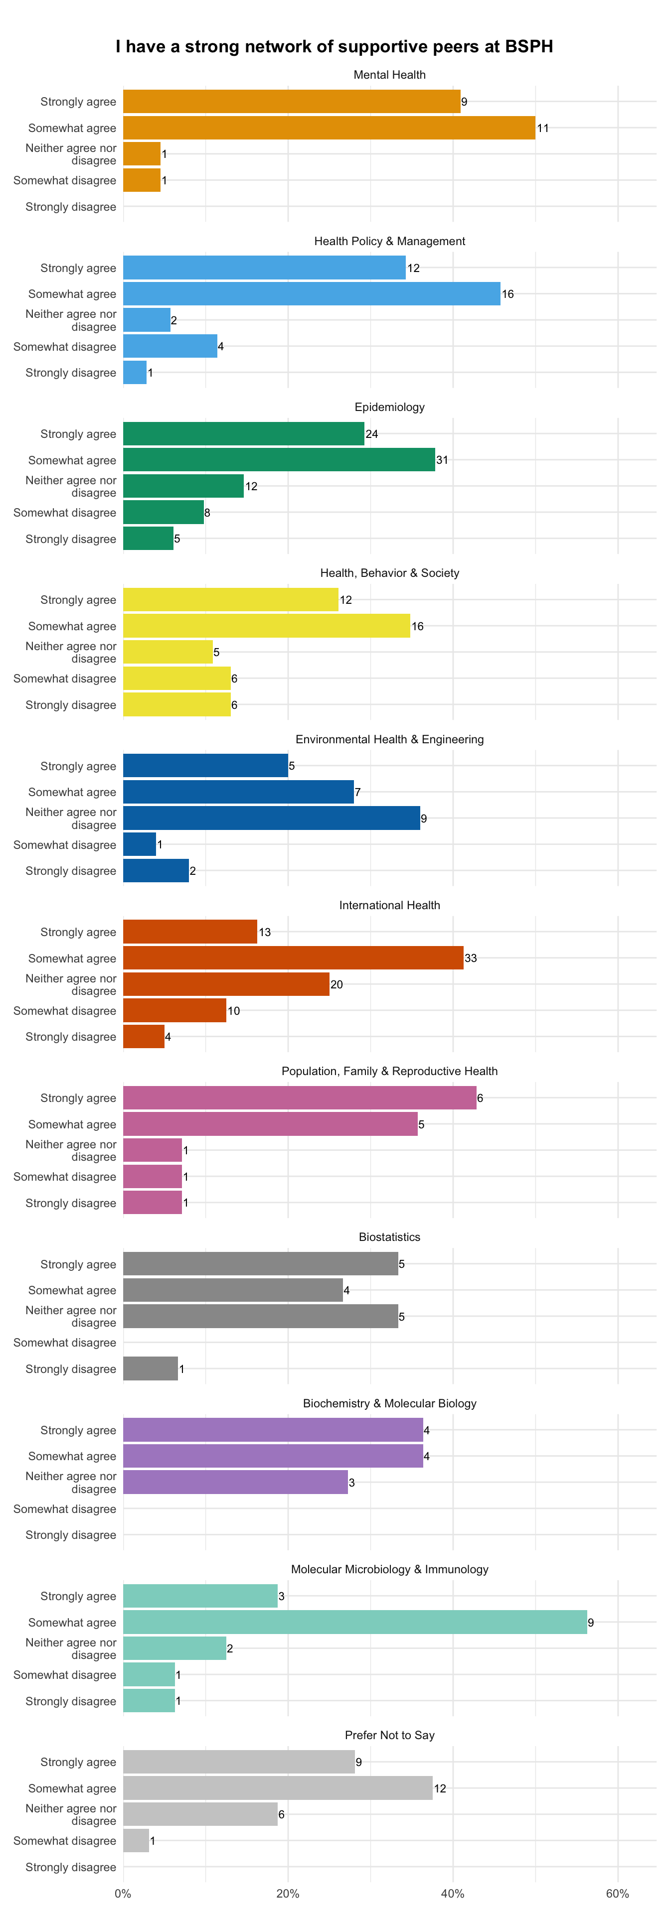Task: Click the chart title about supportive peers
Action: (x=335, y=47)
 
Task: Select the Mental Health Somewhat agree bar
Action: (x=329, y=128)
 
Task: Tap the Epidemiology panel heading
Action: (x=389, y=407)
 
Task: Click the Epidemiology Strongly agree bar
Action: (x=244, y=434)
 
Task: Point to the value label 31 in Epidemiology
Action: (x=442, y=460)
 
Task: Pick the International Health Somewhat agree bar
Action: (x=294, y=958)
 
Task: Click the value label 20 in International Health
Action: (x=336, y=985)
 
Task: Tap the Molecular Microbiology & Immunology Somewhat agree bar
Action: (x=355, y=1622)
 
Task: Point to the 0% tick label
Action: (x=123, y=1893)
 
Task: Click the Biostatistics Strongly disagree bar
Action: (x=151, y=1368)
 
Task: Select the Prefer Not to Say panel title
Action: (x=389, y=1735)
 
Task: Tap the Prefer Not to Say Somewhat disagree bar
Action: (x=136, y=1840)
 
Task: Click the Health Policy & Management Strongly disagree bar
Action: (x=135, y=372)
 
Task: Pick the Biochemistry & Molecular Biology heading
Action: (x=389, y=1403)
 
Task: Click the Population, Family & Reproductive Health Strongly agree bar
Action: (x=300, y=1097)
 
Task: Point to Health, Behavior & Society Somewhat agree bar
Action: (x=267, y=626)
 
